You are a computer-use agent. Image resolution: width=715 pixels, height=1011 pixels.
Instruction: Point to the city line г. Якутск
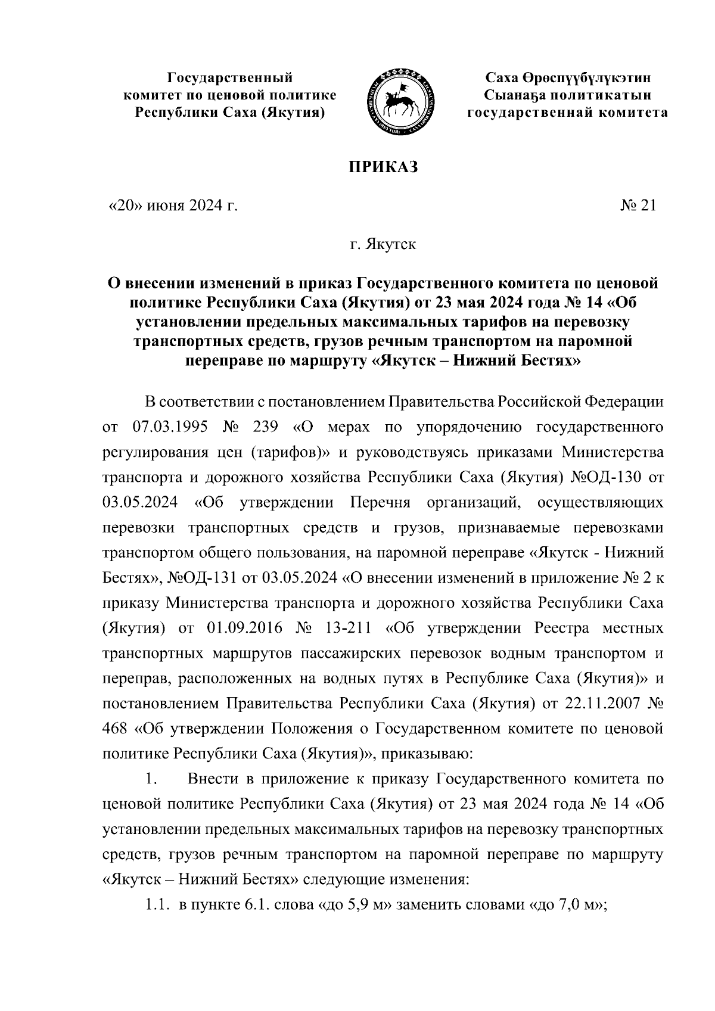[383, 244]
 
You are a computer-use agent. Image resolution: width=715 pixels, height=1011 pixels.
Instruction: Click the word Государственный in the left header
[229, 78]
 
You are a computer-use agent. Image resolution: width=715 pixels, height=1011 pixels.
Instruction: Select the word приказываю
[431, 754]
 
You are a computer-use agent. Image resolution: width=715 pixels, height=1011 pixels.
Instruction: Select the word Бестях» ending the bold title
[546, 362]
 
